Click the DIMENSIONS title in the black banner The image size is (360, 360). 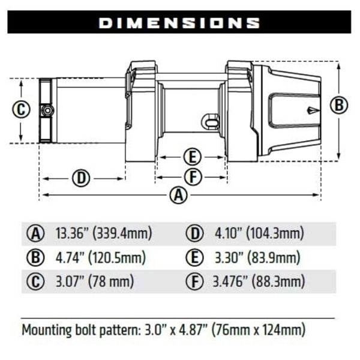coord(179,23)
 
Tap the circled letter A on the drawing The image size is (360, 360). coord(177,196)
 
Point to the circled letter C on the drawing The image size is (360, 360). coord(21,110)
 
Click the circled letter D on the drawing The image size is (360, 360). coord(81,178)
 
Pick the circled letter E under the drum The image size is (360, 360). coord(191,158)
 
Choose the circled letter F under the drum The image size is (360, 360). coord(191,177)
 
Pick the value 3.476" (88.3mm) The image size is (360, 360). coord(259,281)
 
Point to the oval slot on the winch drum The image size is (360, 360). coord(211,121)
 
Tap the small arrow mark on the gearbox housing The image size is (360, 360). coord(311,110)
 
